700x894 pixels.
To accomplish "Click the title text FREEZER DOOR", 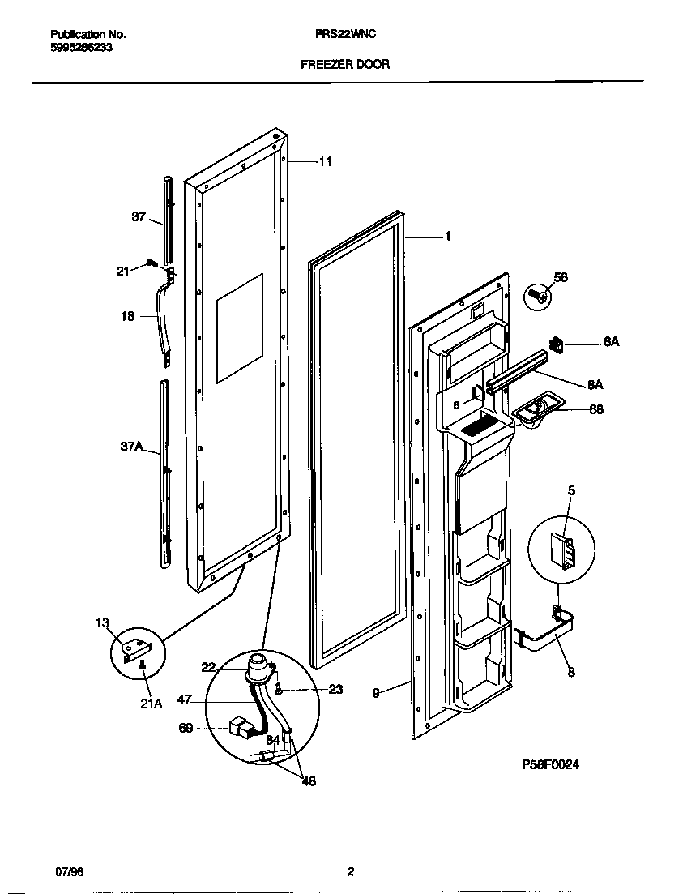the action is coord(345,64).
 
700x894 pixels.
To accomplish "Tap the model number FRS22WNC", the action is coord(344,35).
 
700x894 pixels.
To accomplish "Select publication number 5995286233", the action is coord(81,48).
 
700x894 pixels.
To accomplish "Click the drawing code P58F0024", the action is coord(551,764).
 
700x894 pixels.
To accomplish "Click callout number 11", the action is coord(324,162).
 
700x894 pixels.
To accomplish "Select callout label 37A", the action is coord(131,446).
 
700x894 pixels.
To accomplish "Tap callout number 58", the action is coord(561,277).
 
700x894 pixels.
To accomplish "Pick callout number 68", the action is coord(595,409).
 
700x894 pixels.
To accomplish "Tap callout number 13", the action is coord(101,622).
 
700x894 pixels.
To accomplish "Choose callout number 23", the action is coord(335,690).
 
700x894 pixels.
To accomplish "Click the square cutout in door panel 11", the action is coord(239,328).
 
